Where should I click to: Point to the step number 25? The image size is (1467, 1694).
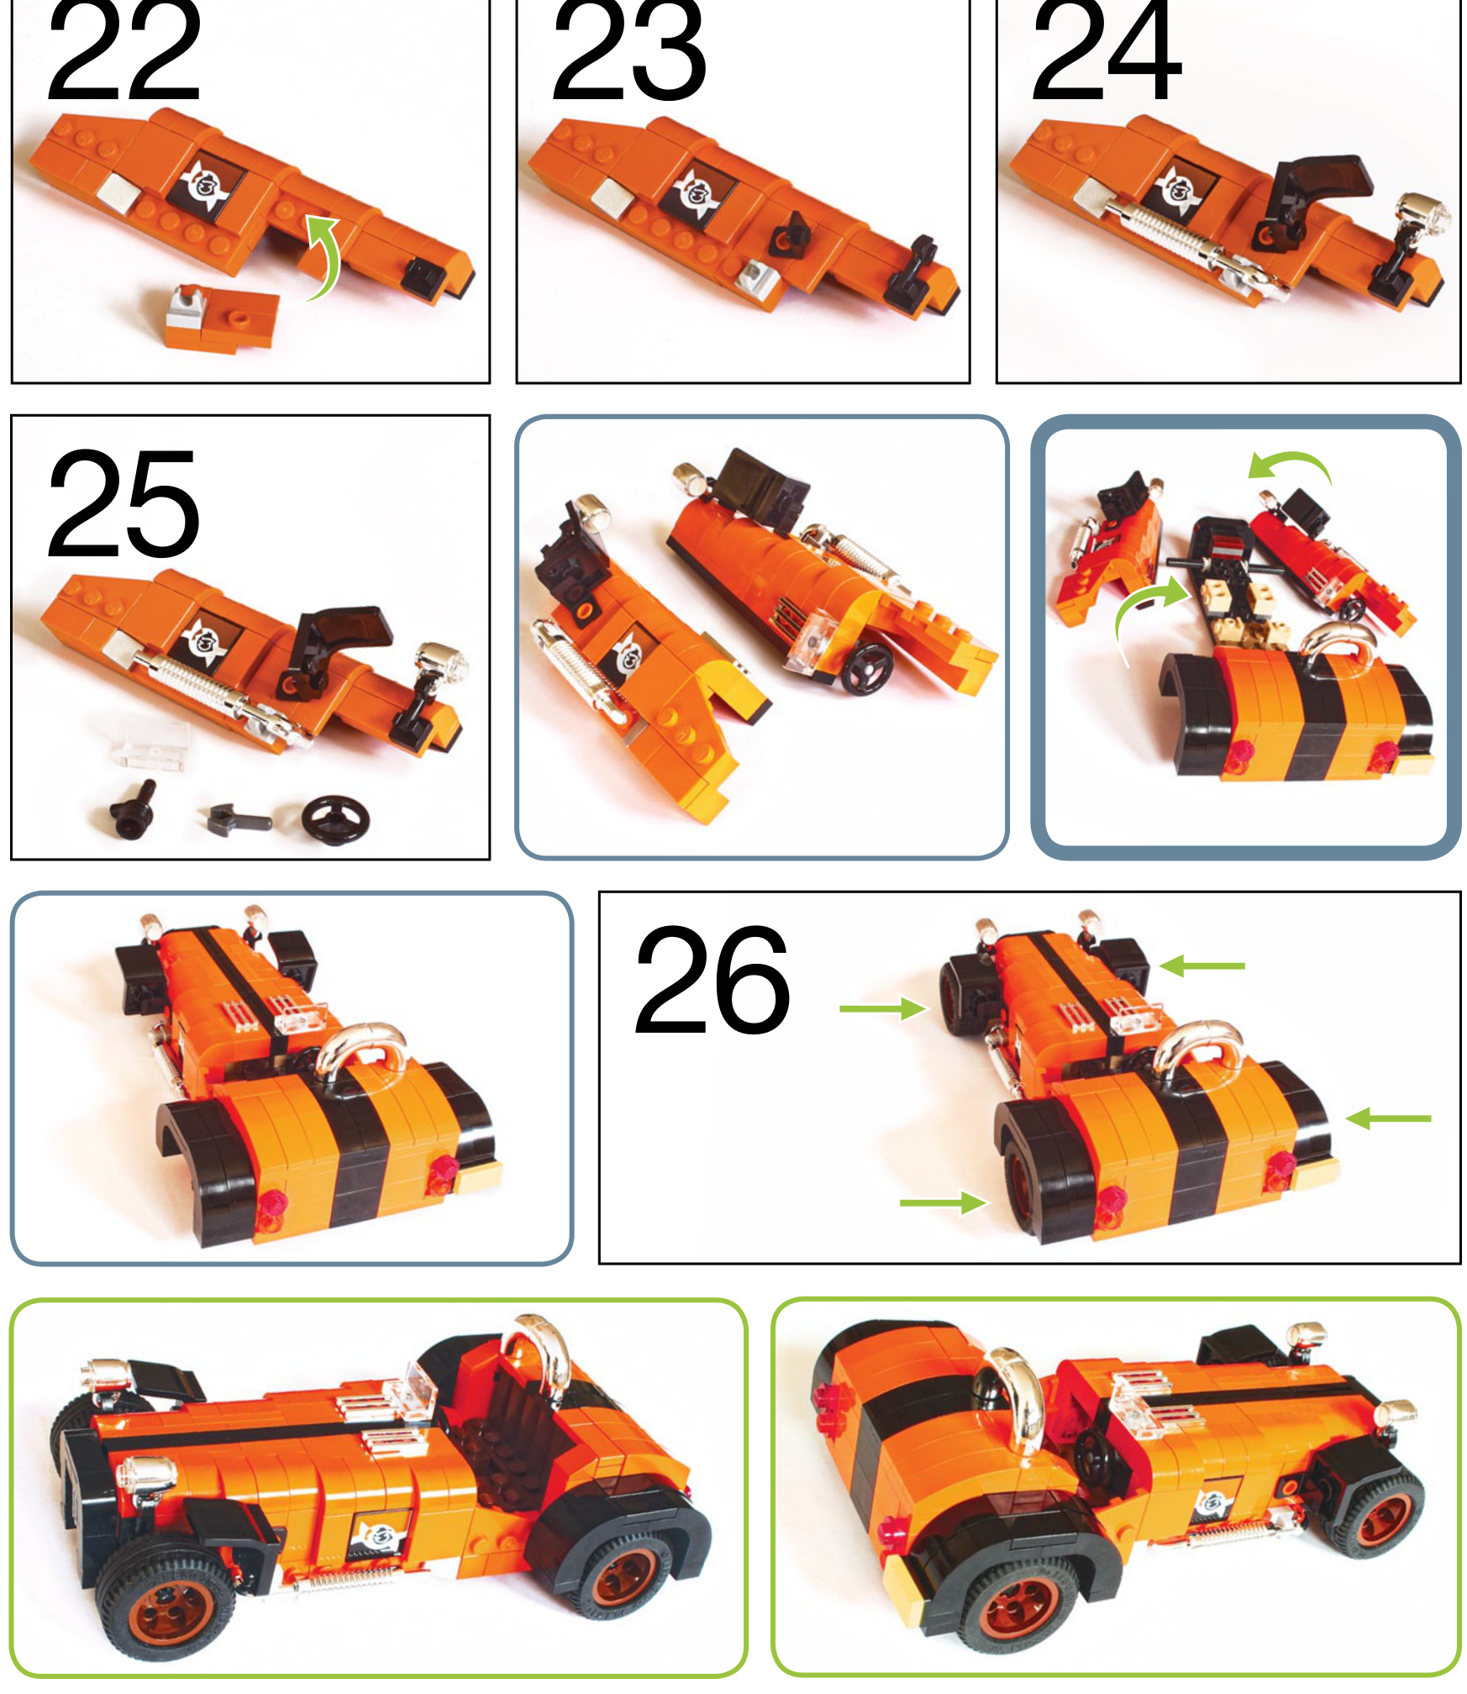(x=124, y=504)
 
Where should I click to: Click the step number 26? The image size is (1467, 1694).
(x=712, y=981)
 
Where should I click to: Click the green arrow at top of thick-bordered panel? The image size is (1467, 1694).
(x=1291, y=466)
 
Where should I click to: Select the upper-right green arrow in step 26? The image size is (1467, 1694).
(x=1202, y=966)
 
